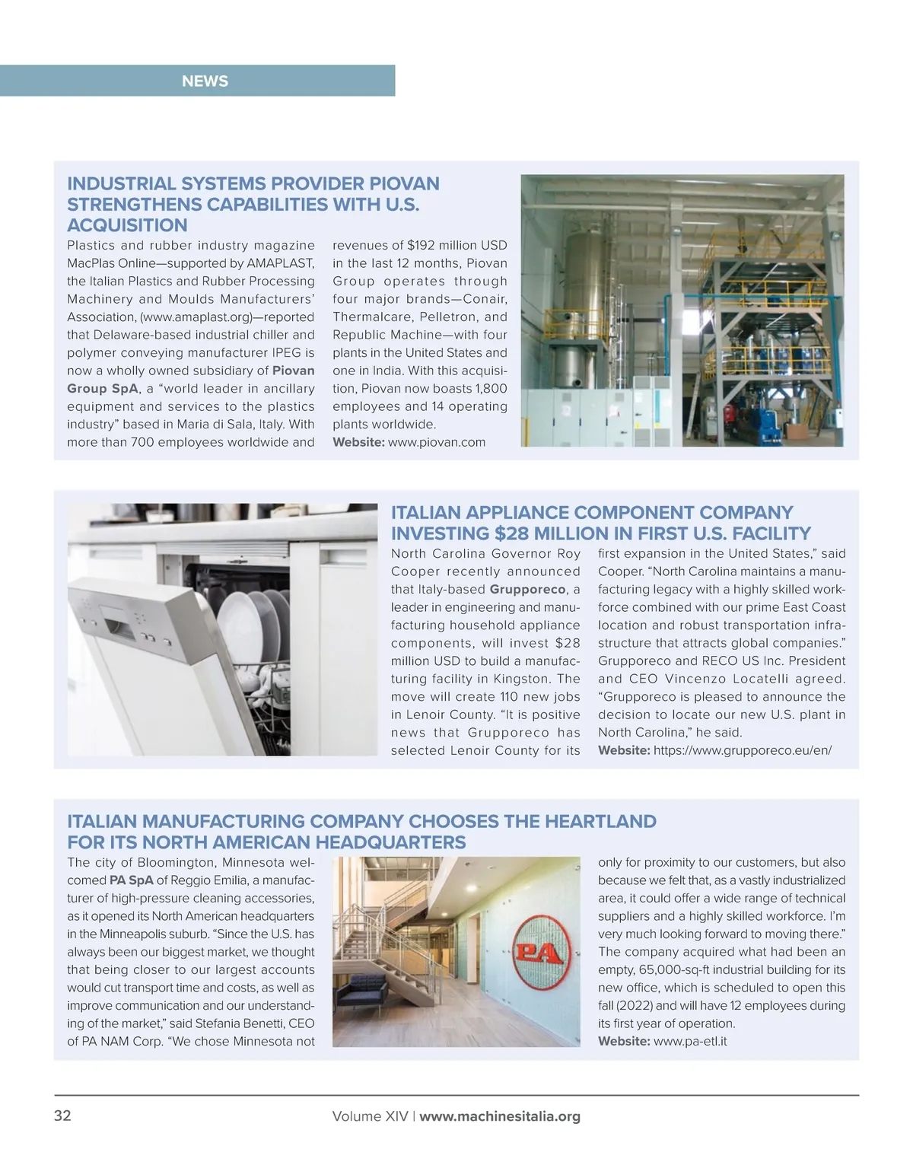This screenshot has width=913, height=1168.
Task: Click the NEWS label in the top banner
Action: [x=205, y=81]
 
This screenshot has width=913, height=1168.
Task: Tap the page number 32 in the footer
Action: [x=62, y=1116]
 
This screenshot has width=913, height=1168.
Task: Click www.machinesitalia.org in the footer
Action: [x=500, y=1116]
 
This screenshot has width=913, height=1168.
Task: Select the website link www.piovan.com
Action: [x=437, y=442]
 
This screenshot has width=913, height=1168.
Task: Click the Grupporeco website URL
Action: [x=742, y=750]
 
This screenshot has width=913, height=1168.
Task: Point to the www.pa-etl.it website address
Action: [x=690, y=1041]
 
